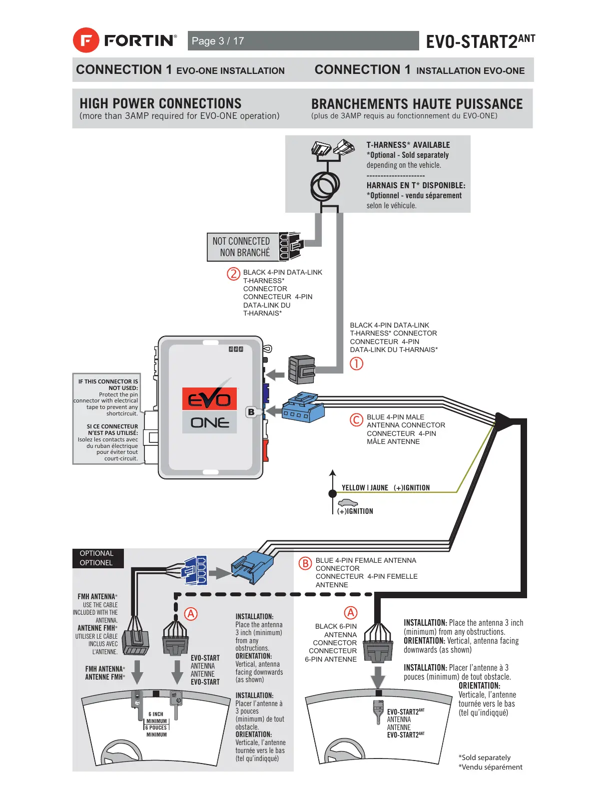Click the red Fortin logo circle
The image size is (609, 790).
point(86,40)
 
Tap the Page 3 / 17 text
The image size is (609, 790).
point(218,41)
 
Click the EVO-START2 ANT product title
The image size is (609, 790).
point(480,41)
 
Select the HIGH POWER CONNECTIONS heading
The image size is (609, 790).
point(160,103)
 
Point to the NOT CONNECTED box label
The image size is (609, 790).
point(242,247)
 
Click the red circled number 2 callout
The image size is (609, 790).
point(233,274)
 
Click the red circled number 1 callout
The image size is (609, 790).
point(356,364)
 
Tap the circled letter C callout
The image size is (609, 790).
point(356,420)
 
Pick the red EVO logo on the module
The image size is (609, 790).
point(209,399)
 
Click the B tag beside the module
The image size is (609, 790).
point(251,412)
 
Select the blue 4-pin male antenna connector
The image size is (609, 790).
point(303,408)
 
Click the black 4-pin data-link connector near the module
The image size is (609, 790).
point(302,370)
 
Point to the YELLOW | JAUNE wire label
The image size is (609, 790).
point(365,488)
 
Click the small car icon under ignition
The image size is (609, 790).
point(348,503)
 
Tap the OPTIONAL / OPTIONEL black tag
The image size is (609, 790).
point(97,558)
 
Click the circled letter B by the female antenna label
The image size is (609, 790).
point(305,563)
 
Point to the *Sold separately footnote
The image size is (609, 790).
point(484,758)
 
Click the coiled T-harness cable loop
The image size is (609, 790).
point(325,186)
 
